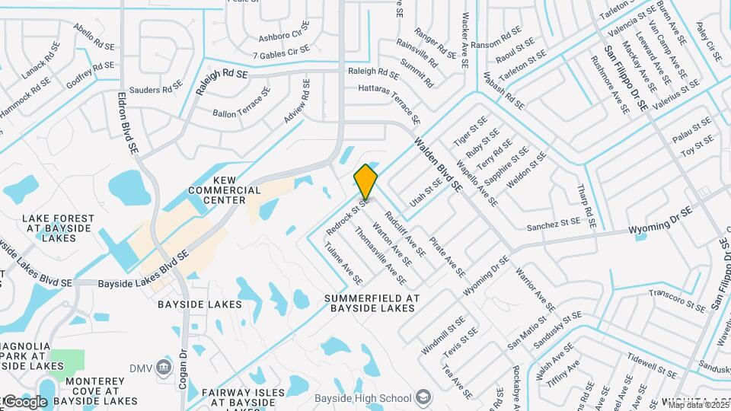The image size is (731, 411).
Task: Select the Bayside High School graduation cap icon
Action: pos(423,397)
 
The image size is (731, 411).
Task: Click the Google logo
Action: pos(24,402)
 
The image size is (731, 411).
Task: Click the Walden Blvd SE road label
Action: pos(438,164)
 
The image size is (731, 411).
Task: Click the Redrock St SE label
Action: pos(346,217)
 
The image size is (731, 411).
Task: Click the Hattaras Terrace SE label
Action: pos(390,104)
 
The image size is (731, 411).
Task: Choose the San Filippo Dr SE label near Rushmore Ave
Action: pos(626,78)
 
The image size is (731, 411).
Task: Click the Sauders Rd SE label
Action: pos(156,90)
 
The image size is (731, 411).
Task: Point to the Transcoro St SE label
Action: pos(677,300)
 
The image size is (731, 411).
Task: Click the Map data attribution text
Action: pos(697,405)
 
